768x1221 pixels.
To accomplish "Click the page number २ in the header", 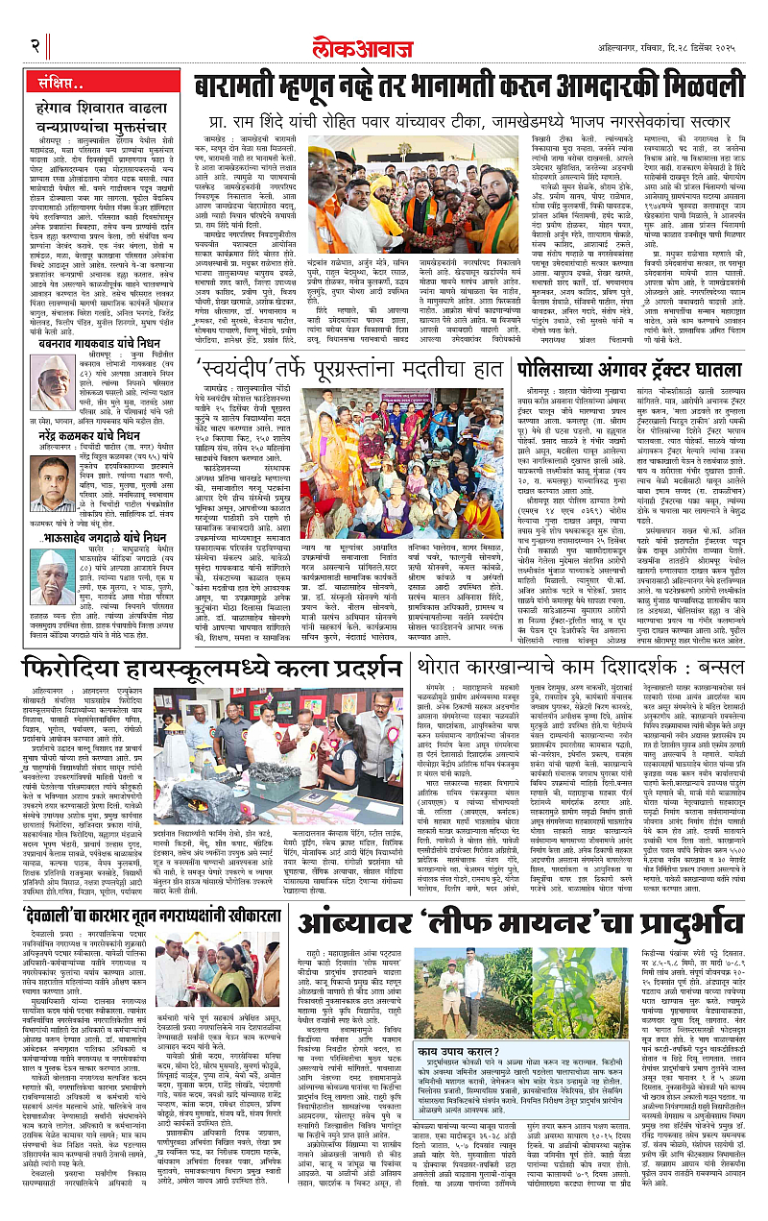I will [36, 44].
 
